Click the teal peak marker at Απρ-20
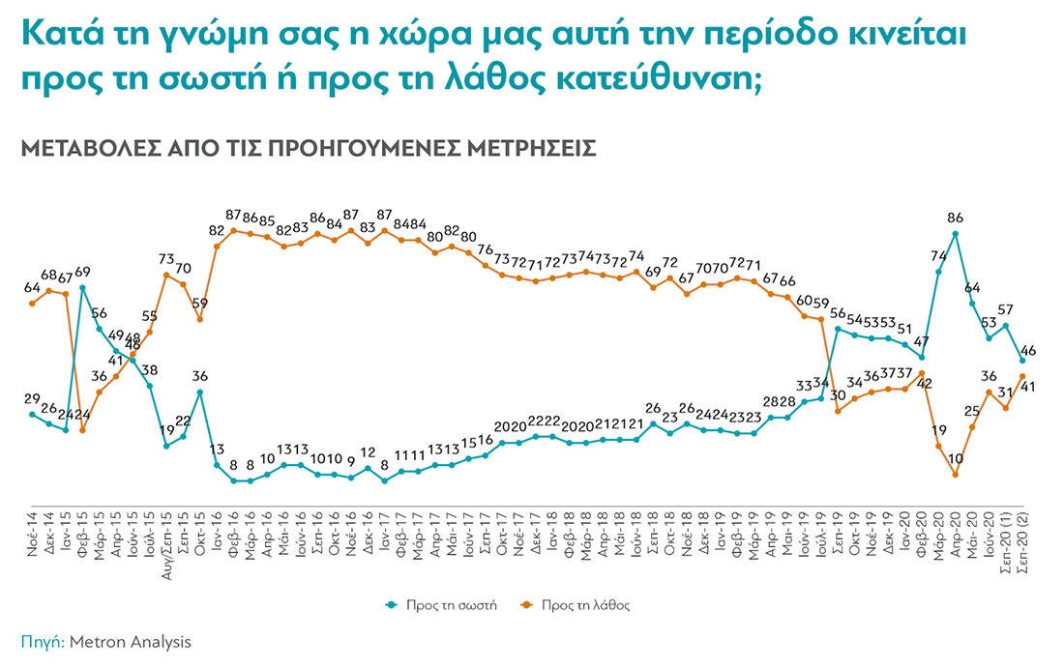(x=956, y=234)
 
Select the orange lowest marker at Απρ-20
(x=956, y=475)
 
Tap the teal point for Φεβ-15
(x=82, y=287)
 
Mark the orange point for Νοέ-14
(x=32, y=304)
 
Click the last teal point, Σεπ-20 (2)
(x=1022, y=361)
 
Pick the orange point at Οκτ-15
(x=199, y=319)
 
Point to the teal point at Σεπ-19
(x=838, y=329)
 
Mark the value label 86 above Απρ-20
(x=956, y=218)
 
